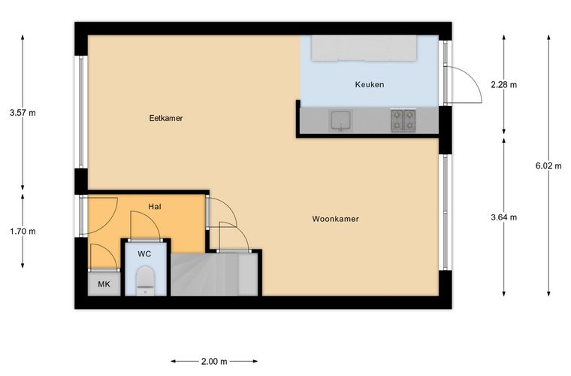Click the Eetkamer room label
pyautogui.click(x=166, y=118)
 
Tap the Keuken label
pyautogui.click(x=369, y=84)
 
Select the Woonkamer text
pyautogui.click(x=335, y=219)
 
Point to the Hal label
pyautogui.click(x=155, y=207)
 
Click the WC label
pyautogui.click(x=144, y=254)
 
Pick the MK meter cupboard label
pyautogui.click(x=104, y=284)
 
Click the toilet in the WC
pyautogui.click(x=145, y=281)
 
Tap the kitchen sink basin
pyautogui.click(x=341, y=120)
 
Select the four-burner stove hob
pyautogui.click(x=403, y=120)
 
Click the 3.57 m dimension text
pyautogui.click(x=23, y=113)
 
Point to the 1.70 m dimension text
pyautogui.click(x=23, y=231)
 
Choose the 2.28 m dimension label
pyautogui.click(x=503, y=84)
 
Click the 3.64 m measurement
pyautogui.click(x=503, y=217)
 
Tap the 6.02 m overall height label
pyautogui.click(x=548, y=165)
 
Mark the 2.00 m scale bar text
pyautogui.click(x=214, y=362)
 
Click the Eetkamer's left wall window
pyautogui.click(x=81, y=112)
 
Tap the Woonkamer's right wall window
pyautogui.click(x=446, y=212)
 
